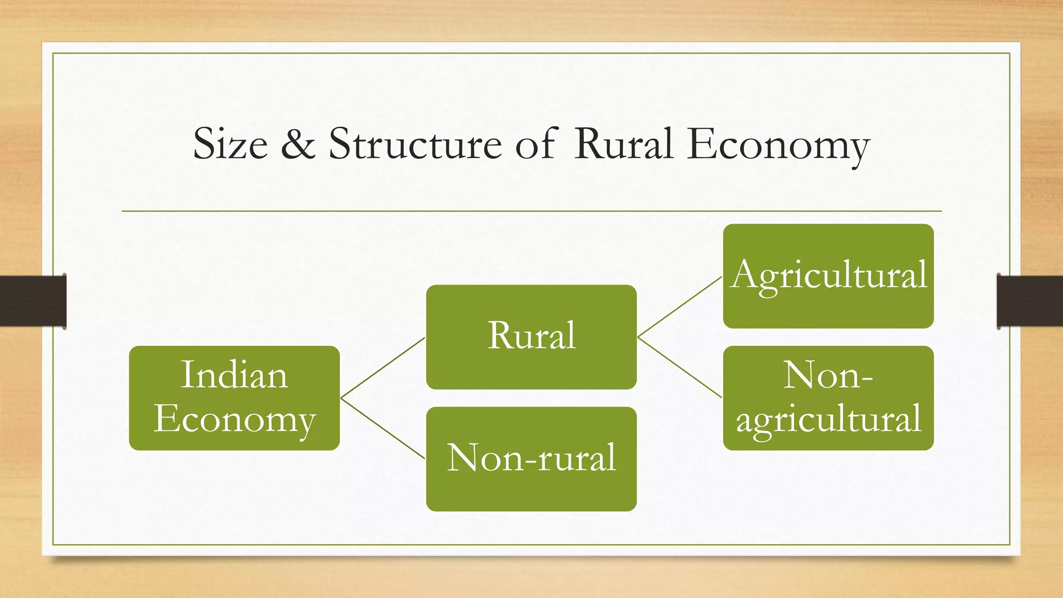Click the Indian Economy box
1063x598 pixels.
pyautogui.click(x=234, y=398)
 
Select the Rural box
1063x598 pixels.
pyautogui.click(x=531, y=337)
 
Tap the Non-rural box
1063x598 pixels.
pyautogui.click(x=531, y=459)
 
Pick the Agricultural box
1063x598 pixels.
pyautogui.click(x=828, y=276)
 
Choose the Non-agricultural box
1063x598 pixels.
pyautogui.click(x=828, y=398)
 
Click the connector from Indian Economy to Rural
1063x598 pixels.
pyautogui.click(x=383, y=368)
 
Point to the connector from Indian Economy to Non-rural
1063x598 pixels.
pyautogui.click(x=383, y=428)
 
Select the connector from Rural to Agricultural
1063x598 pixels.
pyautogui.click(x=679, y=307)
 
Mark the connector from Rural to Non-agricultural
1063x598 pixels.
pyautogui.click(x=679, y=368)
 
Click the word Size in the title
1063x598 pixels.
pyautogui.click(x=230, y=144)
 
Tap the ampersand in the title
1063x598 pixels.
pyautogui.click(x=298, y=144)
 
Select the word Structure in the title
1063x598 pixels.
pyautogui.click(x=415, y=144)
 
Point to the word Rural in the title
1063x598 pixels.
pyautogui.click(x=623, y=144)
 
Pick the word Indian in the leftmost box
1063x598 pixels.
pyautogui.click(x=234, y=375)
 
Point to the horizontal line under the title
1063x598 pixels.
pyautogui.click(x=531, y=211)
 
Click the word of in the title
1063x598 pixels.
pyautogui.click(x=537, y=144)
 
